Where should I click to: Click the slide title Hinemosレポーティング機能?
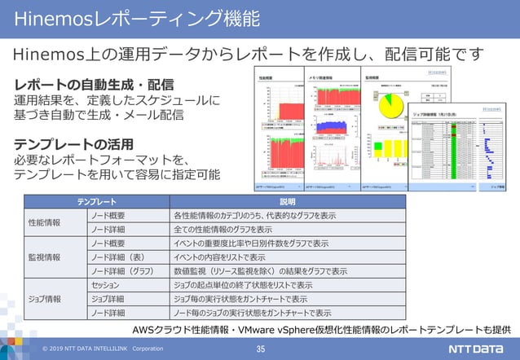139,18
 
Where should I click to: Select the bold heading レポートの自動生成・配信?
94,84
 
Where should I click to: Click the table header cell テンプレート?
96,201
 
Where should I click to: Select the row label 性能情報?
44,222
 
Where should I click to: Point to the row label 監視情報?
44,257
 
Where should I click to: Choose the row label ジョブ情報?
44,298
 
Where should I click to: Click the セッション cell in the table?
106,284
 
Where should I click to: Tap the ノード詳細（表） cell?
117,257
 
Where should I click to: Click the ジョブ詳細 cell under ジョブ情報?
108,298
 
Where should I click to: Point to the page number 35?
261,349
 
